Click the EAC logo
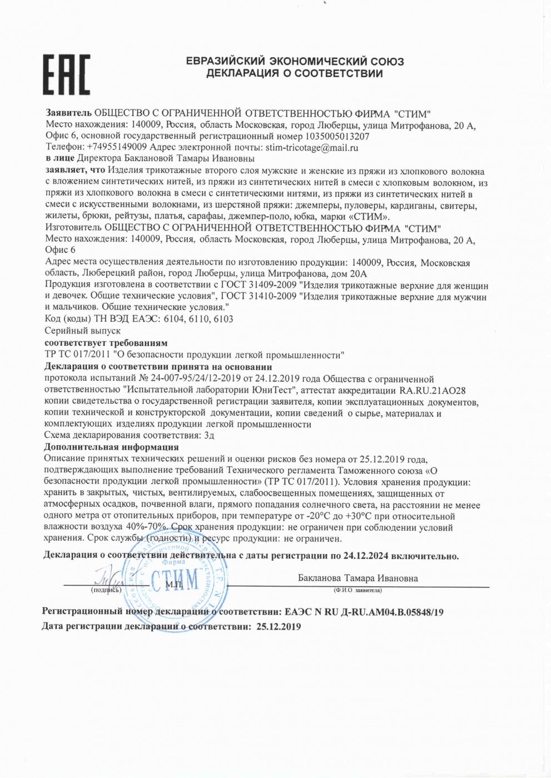point(67,74)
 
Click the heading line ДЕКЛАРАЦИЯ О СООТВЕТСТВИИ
point(294,74)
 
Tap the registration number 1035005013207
point(337,137)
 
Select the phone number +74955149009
point(117,147)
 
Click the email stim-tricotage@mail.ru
point(311,148)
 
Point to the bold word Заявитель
point(68,114)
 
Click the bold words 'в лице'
point(60,158)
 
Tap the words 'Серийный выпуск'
point(82,331)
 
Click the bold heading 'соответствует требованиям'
point(106,343)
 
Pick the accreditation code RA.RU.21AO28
point(433,391)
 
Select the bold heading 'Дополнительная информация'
point(111,447)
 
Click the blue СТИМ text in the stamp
point(175,580)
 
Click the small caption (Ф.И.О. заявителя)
point(358,590)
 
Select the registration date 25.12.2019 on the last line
point(278,627)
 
